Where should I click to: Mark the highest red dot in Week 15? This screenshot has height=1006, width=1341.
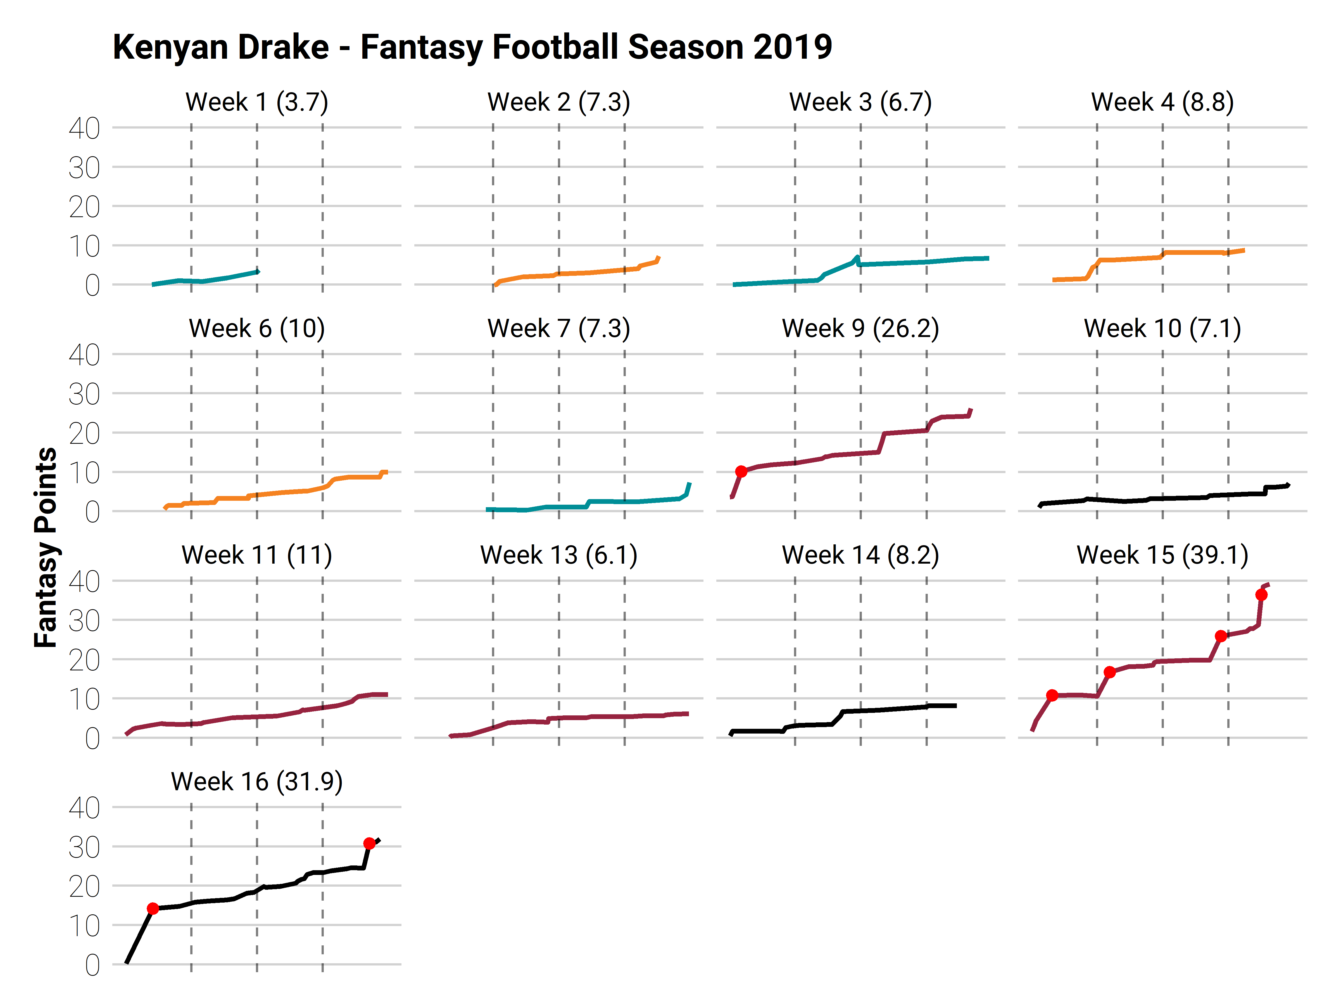click(x=1261, y=595)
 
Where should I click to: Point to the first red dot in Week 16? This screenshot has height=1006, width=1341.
click(x=153, y=908)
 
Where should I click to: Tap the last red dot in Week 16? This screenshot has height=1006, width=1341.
click(x=369, y=843)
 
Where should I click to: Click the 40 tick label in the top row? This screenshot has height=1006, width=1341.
click(x=84, y=129)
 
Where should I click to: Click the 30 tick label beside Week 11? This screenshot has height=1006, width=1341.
click(x=84, y=621)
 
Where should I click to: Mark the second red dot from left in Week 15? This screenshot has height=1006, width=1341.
click(x=1109, y=672)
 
